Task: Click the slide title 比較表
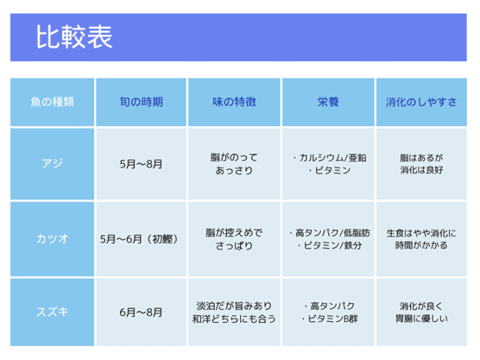(x=74, y=37)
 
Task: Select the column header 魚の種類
(x=52, y=102)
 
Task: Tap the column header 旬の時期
(x=141, y=102)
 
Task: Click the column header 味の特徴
(x=234, y=102)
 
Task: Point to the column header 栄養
(x=328, y=102)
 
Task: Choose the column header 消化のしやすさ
(x=421, y=102)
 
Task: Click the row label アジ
(x=52, y=163)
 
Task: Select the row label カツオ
(x=52, y=239)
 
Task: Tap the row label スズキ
(x=52, y=312)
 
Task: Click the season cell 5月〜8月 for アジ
(x=141, y=164)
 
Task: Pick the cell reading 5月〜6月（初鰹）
(x=139, y=239)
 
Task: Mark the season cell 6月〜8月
(x=141, y=313)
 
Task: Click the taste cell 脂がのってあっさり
(x=234, y=164)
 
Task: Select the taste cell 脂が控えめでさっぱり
(x=234, y=239)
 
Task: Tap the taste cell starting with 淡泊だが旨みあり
(x=234, y=313)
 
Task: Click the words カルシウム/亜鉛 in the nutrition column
(x=332, y=158)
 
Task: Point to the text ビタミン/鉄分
(x=332, y=245)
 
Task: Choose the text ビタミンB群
(x=332, y=319)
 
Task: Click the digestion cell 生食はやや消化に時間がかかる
(x=421, y=239)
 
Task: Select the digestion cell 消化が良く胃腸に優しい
(x=421, y=313)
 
